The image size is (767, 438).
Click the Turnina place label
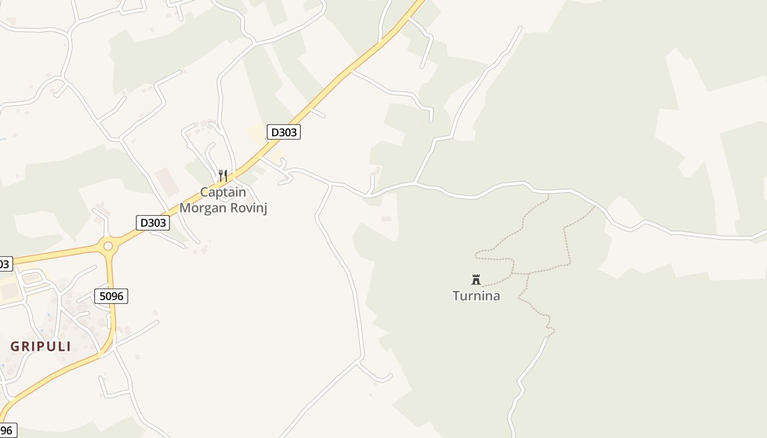[476, 296]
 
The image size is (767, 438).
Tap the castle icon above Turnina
[476, 280]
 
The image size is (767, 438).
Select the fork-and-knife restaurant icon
[223, 176]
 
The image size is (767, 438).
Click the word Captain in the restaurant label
[223, 192]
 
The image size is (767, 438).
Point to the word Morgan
[203, 208]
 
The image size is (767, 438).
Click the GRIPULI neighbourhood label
[41, 347]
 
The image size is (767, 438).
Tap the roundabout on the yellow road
[108, 246]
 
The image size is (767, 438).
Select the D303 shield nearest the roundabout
[152, 223]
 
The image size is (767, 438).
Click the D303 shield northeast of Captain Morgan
[284, 132]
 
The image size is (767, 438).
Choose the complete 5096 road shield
[111, 296]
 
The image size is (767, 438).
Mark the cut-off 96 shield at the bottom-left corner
[7, 430]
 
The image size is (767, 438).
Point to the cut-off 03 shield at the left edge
[5, 264]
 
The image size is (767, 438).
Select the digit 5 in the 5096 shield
[102, 296]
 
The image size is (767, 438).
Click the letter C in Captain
[204, 192]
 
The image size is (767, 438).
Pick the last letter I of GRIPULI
[68, 347]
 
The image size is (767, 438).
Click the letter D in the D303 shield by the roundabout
[144, 223]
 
